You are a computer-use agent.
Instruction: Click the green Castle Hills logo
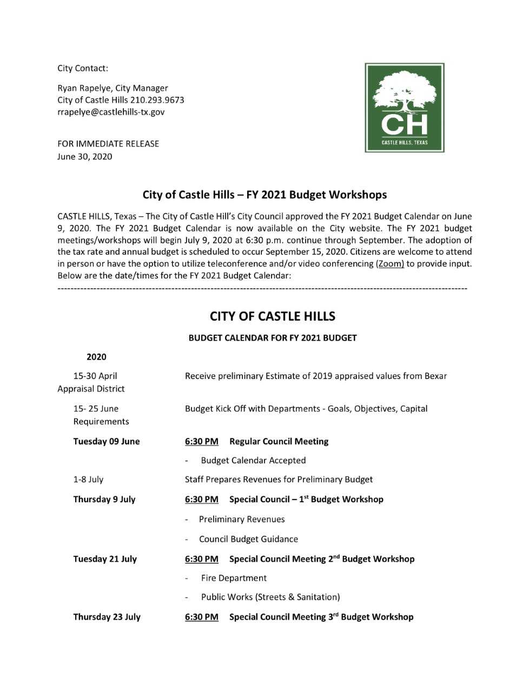405,108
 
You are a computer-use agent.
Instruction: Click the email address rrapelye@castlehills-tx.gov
111,112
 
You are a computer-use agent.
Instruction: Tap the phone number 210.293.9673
157,100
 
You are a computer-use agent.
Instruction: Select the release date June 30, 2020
85,156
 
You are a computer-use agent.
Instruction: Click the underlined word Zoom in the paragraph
390,264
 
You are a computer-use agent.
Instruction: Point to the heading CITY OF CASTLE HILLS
273,316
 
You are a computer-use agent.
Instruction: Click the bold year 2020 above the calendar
96,357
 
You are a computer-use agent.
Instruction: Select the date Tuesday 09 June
107,441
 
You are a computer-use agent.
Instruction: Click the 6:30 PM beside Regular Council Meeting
202,441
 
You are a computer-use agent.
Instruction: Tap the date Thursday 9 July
104,499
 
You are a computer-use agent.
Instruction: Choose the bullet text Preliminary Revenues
242,519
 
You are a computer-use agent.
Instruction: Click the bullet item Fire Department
234,578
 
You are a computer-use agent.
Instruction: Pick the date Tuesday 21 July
105,558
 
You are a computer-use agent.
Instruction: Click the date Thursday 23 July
107,617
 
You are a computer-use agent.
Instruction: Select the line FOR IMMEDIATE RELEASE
108,144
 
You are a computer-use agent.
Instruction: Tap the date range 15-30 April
95,376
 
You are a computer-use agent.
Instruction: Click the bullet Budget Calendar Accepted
253,460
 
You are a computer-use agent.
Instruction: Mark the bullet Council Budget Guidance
248,539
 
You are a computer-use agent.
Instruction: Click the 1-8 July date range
88,479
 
